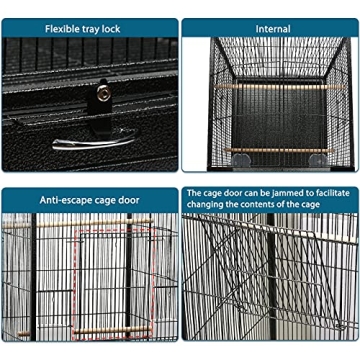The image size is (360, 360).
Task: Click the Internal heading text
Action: (x=271, y=29)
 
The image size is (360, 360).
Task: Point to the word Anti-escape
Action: (x=66, y=200)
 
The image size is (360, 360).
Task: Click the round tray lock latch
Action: (x=102, y=93)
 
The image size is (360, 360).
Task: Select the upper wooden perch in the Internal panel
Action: (x=270, y=87)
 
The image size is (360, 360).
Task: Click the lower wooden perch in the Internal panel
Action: (x=270, y=151)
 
